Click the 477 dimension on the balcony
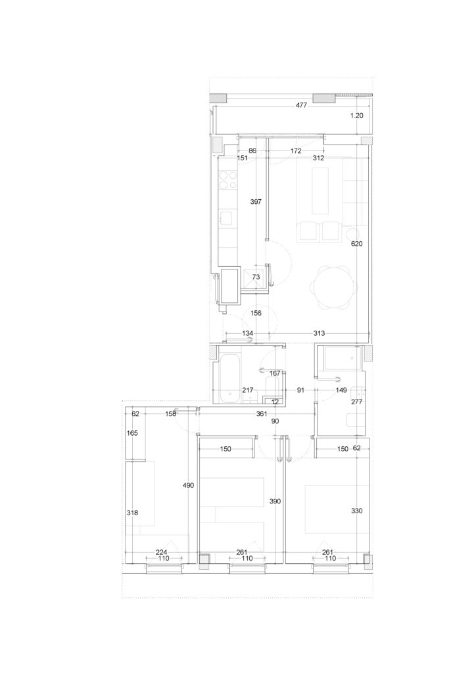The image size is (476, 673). click(x=301, y=105)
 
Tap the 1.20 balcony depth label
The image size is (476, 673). click(x=357, y=116)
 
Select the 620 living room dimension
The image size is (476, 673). click(x=357, y=244)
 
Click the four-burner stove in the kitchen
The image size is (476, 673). click(x=228, y=180)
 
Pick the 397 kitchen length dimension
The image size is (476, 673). click(x=256, y=201)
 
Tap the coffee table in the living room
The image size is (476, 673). click(x=320, y=191)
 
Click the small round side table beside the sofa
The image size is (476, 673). click(x=354, y=235)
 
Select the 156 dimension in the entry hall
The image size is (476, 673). click(x=256, y=313)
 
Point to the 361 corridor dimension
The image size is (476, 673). click(x=262, y=414)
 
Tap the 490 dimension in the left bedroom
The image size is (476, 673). click(x=189, y=486)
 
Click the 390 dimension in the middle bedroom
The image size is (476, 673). click(x=275, y=501)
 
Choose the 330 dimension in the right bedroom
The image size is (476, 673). click(x=357, y=511)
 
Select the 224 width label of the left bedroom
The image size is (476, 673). click(x=161, y=552)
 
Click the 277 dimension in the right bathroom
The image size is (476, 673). click(x=357, y=402)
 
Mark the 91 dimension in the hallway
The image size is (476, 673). click(x=300, y=390)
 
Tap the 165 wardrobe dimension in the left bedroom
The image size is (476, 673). click(x=133, y=433)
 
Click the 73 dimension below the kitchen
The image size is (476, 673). click(x=256, y=277)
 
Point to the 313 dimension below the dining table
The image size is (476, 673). click(x=319, y=333)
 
